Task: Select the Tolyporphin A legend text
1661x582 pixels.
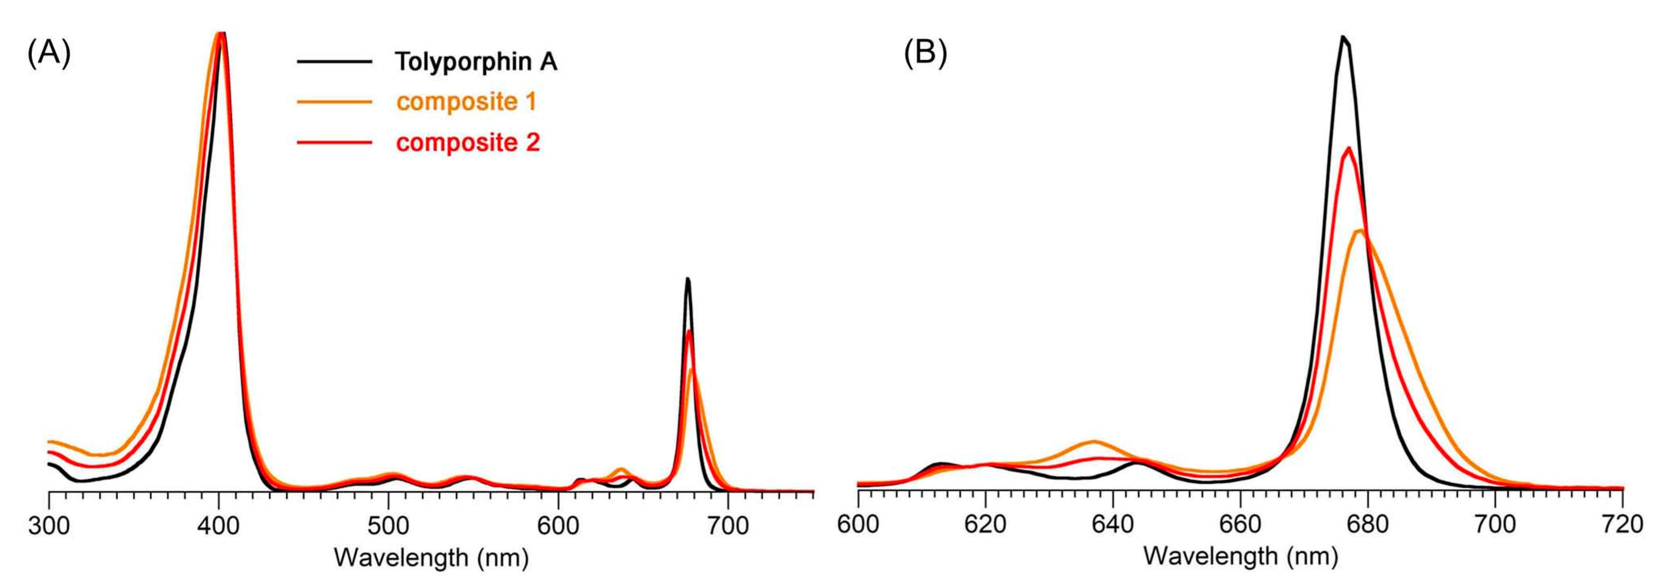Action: point(476,62)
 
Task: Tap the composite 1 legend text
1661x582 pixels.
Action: point(466,102)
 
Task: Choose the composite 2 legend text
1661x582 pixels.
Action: point(467,142)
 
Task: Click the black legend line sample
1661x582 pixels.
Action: point(334,62)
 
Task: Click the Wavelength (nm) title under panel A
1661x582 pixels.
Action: point(431,557)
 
